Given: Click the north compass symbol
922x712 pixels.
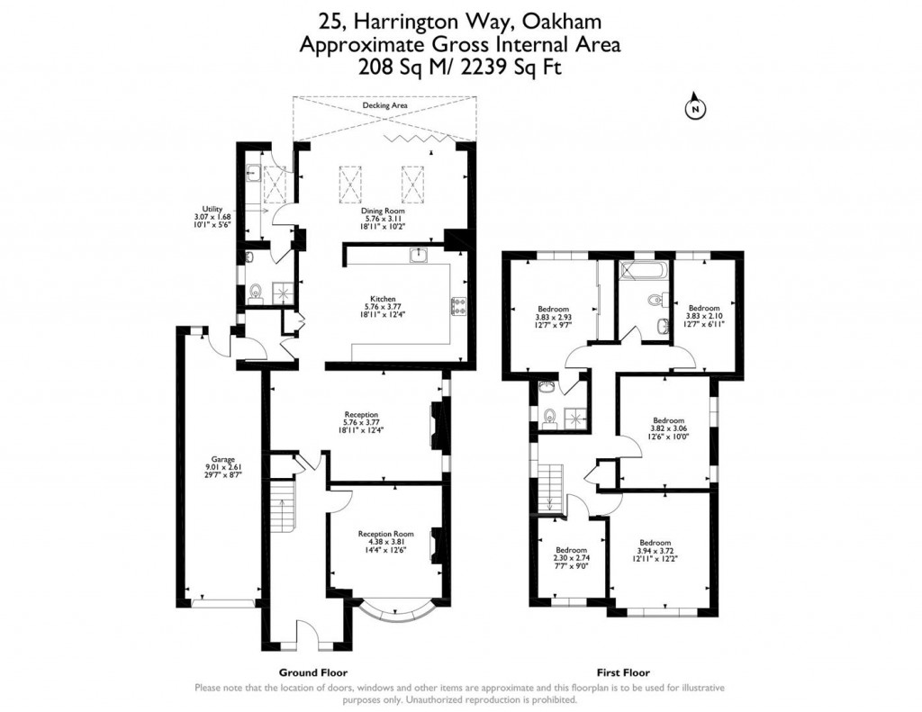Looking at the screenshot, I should point(695,109).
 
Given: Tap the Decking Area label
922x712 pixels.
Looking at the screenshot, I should point(384,105).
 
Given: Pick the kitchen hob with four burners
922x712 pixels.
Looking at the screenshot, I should point(456,307).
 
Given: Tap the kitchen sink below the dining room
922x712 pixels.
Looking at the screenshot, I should point(419,257).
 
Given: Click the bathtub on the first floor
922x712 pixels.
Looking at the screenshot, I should point(643,268).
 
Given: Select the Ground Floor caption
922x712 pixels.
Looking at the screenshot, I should point(313,672).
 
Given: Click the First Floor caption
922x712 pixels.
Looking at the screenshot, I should point(623,672).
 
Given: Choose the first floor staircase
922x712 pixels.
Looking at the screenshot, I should point(549,487).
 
